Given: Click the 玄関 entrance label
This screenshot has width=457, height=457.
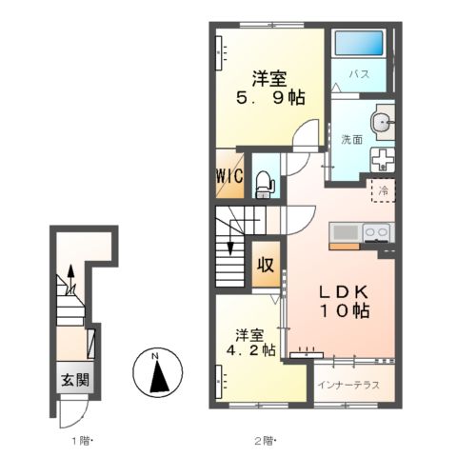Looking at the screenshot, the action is coord(75,380).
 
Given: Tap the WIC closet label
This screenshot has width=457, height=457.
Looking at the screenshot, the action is coord(229,175).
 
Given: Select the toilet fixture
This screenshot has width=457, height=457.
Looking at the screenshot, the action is coord(266,185).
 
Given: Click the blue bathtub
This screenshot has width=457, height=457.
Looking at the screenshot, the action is coord(359,43).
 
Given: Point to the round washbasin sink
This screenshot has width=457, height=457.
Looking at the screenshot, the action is coord(382,122).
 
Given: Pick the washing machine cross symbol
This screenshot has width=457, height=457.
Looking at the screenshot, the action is coord(383,160).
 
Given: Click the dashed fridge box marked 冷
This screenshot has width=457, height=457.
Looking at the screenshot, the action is coord(384,190).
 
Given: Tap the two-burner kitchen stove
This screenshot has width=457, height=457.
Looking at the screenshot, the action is coord(377,233).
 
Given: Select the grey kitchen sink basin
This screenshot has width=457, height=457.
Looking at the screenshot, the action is coord(346,233).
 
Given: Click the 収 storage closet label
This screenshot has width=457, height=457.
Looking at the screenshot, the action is coord(266,265).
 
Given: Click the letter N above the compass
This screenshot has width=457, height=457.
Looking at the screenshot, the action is coord(155,356).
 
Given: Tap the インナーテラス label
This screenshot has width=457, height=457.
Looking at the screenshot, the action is coord(348,385).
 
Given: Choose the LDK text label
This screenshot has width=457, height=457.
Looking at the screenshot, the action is coord(344,292).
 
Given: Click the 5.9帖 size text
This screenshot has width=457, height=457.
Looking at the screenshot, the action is coord(270,98).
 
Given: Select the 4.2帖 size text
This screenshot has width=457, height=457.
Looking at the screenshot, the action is coord(250,350).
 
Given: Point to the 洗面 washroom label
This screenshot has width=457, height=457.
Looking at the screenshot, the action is coord(351,139).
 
